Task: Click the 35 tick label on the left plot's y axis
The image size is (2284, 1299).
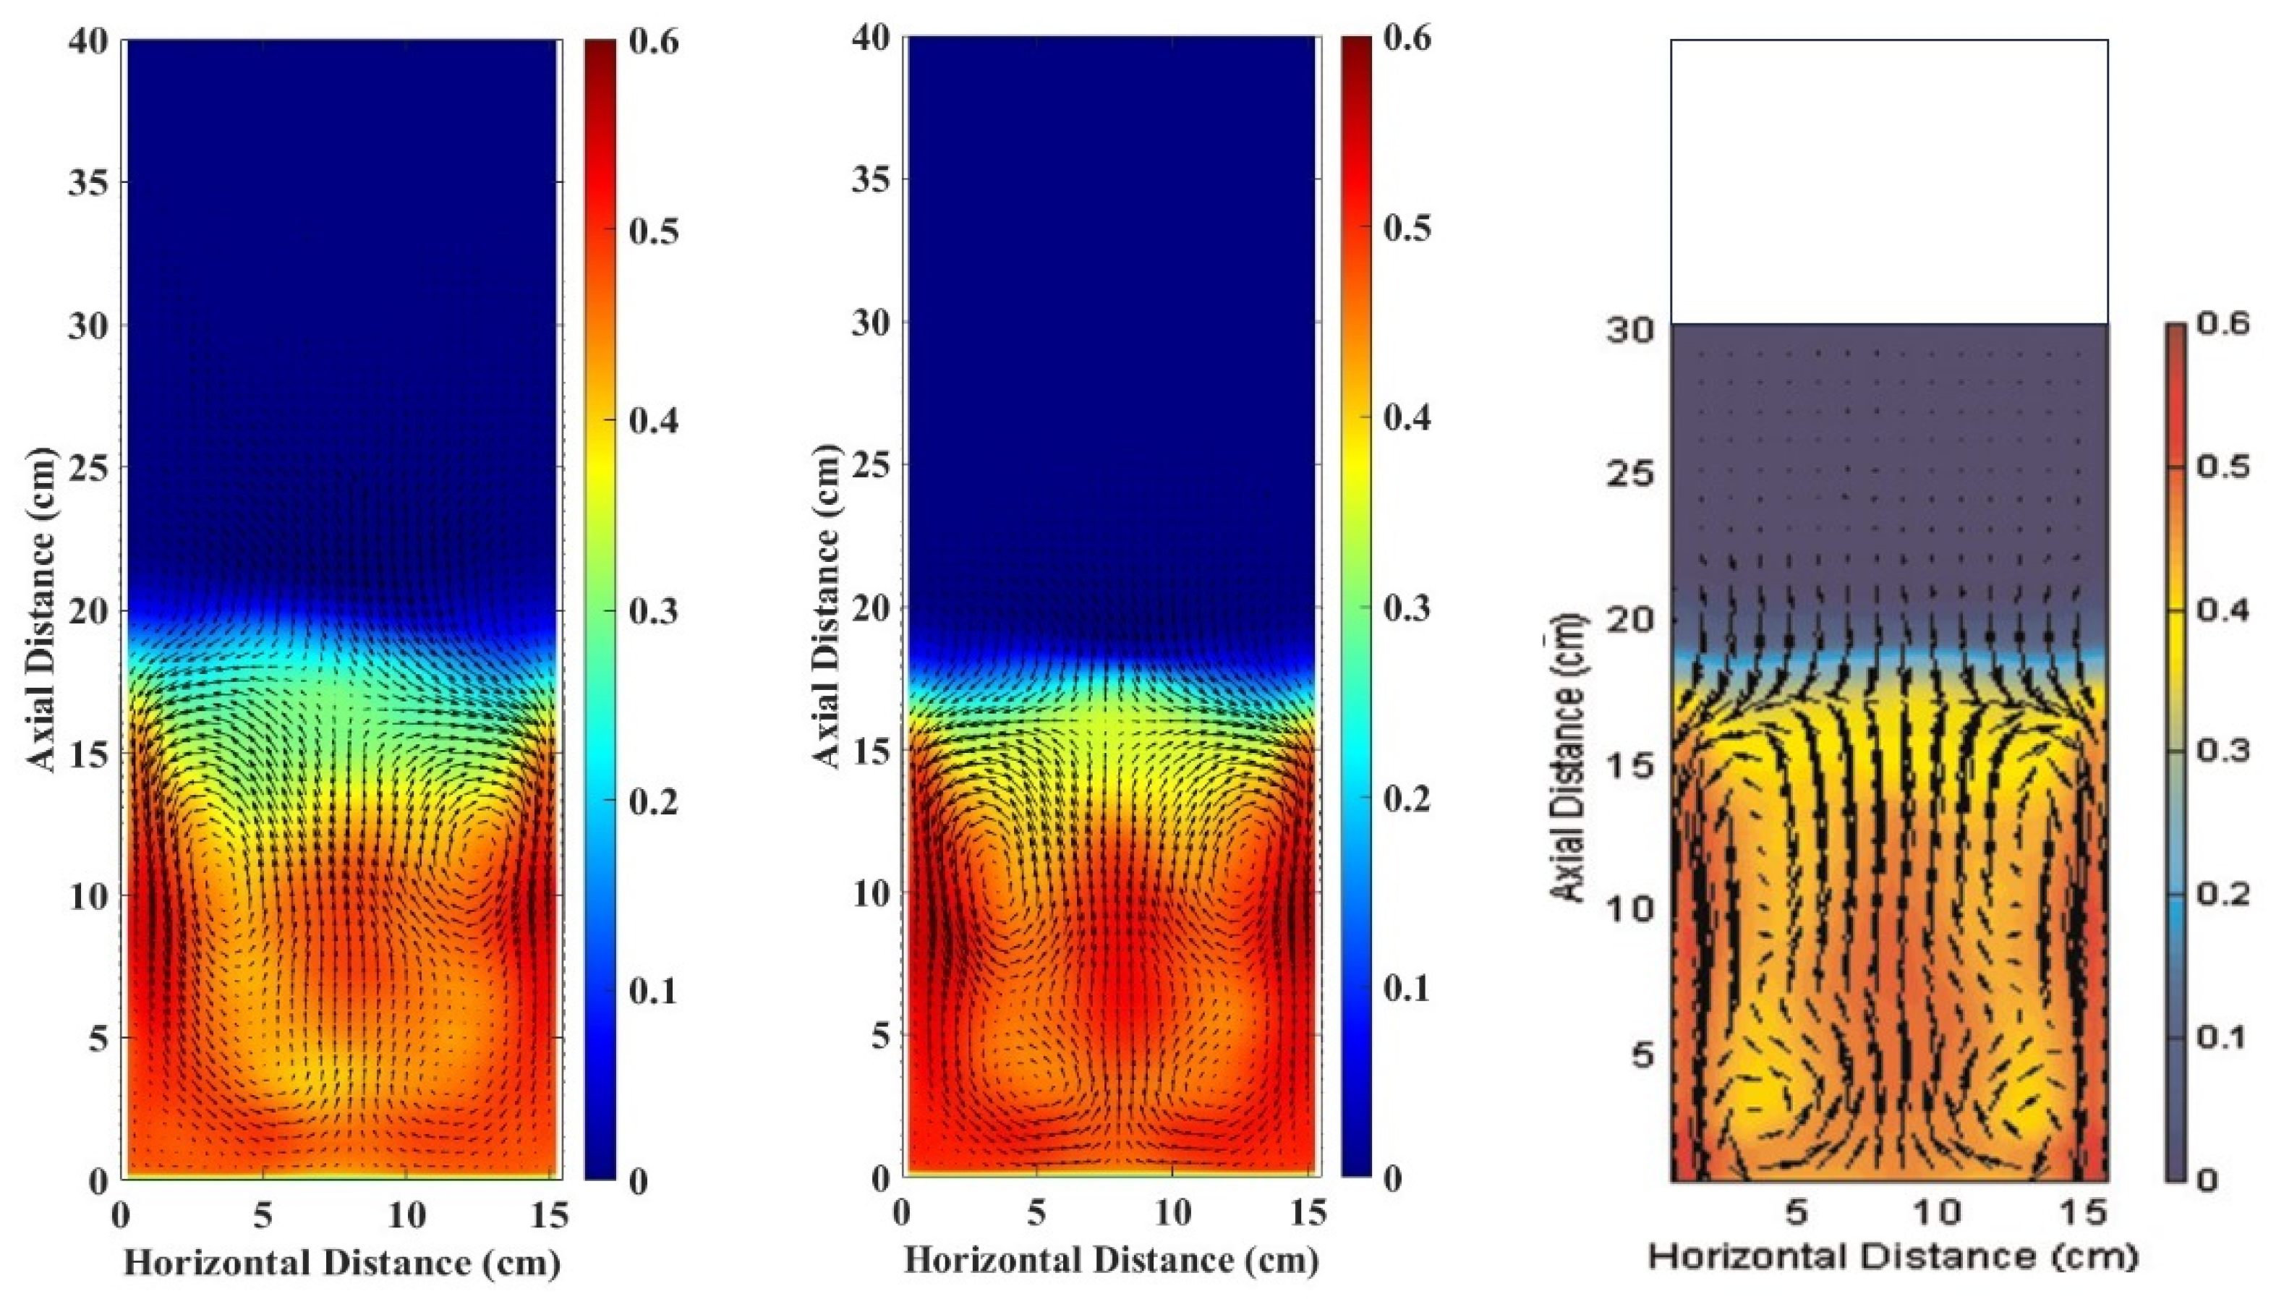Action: tap(89, 183)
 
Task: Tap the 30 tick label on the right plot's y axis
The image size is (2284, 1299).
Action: tap(1630, 329)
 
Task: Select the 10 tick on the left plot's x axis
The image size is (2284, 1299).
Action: tap(406, 1215)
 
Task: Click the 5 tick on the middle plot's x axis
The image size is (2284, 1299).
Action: tap(1036, 1214)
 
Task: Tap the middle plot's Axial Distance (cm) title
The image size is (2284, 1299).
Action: tap(827, 607)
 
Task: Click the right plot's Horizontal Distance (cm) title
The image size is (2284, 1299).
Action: tap(1893, 1257)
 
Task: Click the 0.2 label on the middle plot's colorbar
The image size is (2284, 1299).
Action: tap(1407, 798)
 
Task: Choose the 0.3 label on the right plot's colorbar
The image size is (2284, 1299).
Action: tap(2220, 750)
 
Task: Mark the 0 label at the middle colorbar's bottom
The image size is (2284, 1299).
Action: tap(1392, 1178)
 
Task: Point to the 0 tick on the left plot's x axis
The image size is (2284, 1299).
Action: tap(122, 1215)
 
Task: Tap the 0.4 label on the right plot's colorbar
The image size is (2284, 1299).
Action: tap(2220, 610)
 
